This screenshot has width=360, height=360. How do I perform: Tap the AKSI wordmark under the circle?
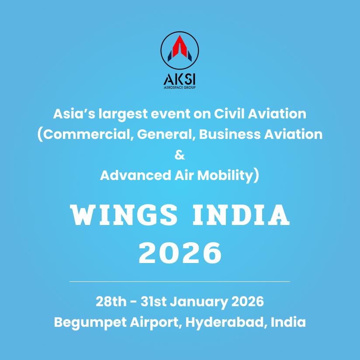[x=180, y=80]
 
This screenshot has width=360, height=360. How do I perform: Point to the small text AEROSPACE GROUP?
[x=180, y=87]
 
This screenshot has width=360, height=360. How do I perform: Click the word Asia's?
[x=74, y=114]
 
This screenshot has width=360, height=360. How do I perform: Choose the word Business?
[x=230, y=134]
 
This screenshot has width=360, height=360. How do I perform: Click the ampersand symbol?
[x=180, y=155]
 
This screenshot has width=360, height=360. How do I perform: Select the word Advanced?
[x=135, y=175]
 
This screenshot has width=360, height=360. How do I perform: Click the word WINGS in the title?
[x=124, y=215]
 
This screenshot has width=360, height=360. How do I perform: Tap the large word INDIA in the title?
[x=241, y=215]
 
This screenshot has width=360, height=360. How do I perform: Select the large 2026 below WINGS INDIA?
[x=180, y=253]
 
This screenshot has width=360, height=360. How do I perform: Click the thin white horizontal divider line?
[x=180, y=281]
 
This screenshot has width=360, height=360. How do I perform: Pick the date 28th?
[x=111, y=301]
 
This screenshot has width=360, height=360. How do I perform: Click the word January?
[x=199, y=302]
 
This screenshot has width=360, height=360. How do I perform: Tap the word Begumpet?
[x=90, y=322]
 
